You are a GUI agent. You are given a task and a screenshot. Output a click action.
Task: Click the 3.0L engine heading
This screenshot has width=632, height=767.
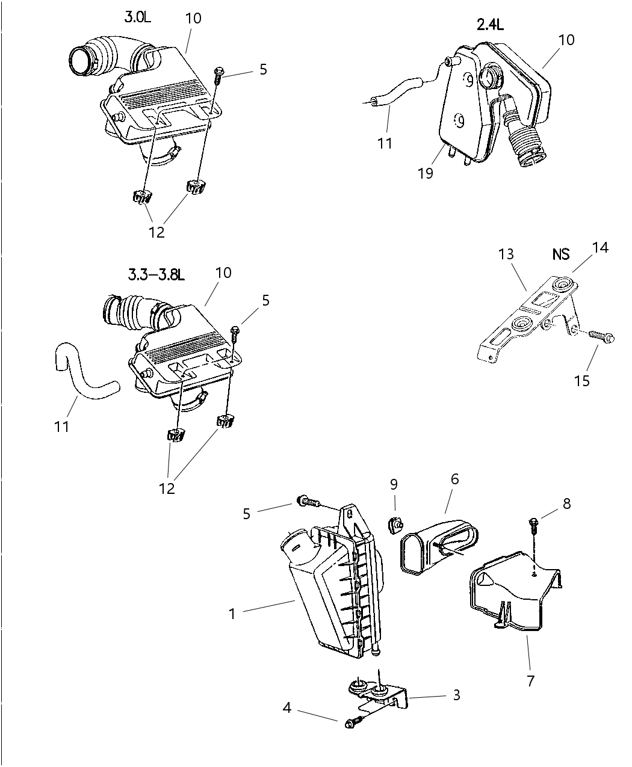click(138, 17)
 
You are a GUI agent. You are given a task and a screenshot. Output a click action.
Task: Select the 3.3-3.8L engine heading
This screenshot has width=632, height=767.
click(156, 275)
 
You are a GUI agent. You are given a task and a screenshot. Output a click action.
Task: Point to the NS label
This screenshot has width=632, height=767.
click(560, 254)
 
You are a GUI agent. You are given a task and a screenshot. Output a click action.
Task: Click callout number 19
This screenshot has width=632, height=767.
click(426, 173)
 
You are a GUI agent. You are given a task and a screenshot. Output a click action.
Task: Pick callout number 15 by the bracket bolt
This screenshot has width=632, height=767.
click(582, 381)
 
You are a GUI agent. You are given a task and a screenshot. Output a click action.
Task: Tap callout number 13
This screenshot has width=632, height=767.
click(506, 254)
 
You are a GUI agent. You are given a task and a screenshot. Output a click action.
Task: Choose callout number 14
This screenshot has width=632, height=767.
click(600, 247)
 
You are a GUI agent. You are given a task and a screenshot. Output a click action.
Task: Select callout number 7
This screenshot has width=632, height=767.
click(530, 681)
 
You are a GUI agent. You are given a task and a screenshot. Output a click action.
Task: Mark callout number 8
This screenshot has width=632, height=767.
click(566, 503)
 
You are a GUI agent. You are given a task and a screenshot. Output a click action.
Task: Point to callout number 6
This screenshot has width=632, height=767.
click(454, 479)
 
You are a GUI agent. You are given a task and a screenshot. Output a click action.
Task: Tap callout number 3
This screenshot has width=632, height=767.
click(457, 695)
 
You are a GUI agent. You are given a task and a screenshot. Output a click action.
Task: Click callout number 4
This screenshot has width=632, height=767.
click(287, 708)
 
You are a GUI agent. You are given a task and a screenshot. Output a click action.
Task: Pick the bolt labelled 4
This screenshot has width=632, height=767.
click(353, 722)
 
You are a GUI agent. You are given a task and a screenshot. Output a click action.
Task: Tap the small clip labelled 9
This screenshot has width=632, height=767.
click(394, 525)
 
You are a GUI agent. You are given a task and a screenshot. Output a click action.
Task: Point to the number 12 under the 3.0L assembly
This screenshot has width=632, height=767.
click(156, 232)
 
